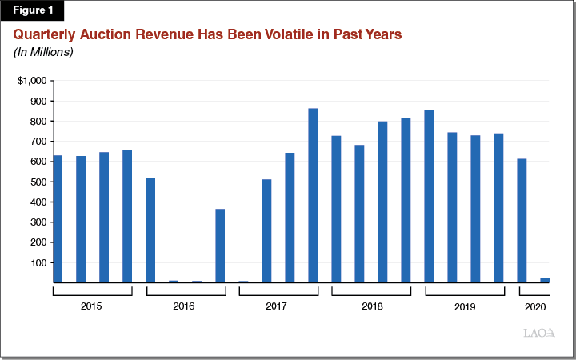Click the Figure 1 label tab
32,10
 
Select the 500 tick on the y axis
37,182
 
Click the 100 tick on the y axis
37,263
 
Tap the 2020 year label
534,306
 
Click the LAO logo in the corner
539,333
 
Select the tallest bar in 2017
313,195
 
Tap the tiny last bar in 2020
545,280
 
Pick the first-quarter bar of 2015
58,219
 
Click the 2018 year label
371,306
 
